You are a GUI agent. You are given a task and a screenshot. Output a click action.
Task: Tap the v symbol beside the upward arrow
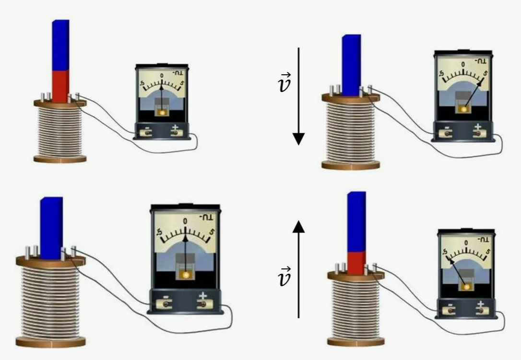coord(284,278)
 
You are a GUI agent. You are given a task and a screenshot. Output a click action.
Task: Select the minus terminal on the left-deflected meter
coord(450,310)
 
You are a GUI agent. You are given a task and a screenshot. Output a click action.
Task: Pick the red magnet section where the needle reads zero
coord(60,86)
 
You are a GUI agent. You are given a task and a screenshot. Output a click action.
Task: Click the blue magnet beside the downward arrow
coord(351,65)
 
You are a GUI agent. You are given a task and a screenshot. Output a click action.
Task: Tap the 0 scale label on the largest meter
coord(185,221)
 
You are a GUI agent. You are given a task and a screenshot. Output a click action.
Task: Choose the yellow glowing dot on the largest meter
coord(185,275)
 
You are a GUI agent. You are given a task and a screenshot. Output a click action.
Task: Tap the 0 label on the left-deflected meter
coord(466,243)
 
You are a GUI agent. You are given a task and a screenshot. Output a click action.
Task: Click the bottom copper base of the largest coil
coord(50,342)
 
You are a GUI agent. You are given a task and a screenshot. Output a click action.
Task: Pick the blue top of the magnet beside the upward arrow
coord(356,221)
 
